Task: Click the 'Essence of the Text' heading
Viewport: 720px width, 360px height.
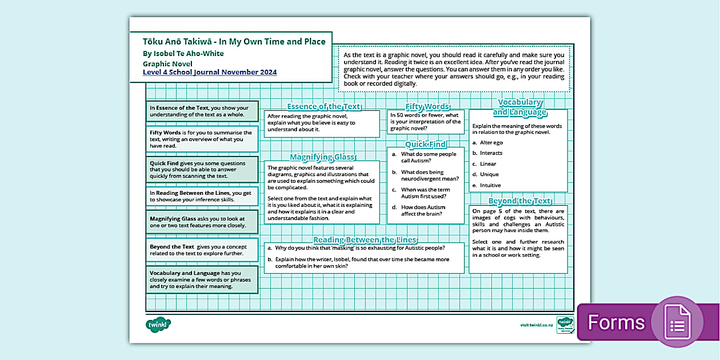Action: click(323, 106)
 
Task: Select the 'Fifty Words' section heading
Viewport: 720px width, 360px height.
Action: click(427, 106)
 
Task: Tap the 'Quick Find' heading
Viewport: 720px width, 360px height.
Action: click(426, 145)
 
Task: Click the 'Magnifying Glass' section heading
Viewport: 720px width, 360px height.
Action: click(322, 157)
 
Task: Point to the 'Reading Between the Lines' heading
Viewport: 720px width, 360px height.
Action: click(365, 240)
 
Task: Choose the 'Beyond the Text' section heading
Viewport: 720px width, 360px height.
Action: click(519, 201)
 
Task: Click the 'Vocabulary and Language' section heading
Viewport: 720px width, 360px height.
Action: click(519, 107)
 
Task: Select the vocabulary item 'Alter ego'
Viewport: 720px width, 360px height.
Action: click(491, 142)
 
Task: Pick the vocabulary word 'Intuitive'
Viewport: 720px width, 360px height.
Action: click(490, 185)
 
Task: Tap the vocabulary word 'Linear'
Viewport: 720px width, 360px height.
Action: click(488, 163)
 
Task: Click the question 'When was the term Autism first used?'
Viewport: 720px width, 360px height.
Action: click(425, 193)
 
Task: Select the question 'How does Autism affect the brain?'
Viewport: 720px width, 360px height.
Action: click(423, 211)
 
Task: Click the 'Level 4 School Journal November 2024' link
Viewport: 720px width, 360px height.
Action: click(210, 72)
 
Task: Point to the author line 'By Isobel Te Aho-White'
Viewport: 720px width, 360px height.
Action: click(183, 54)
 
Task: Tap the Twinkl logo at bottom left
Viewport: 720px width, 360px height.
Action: click(158, 325)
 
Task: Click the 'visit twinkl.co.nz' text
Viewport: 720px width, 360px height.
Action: click(536, 325)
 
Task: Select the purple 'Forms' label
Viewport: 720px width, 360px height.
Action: click(616, 323)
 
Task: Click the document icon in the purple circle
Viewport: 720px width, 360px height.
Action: click(677, 323)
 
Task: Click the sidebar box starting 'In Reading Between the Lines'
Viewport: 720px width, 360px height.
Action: click(202, 197)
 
